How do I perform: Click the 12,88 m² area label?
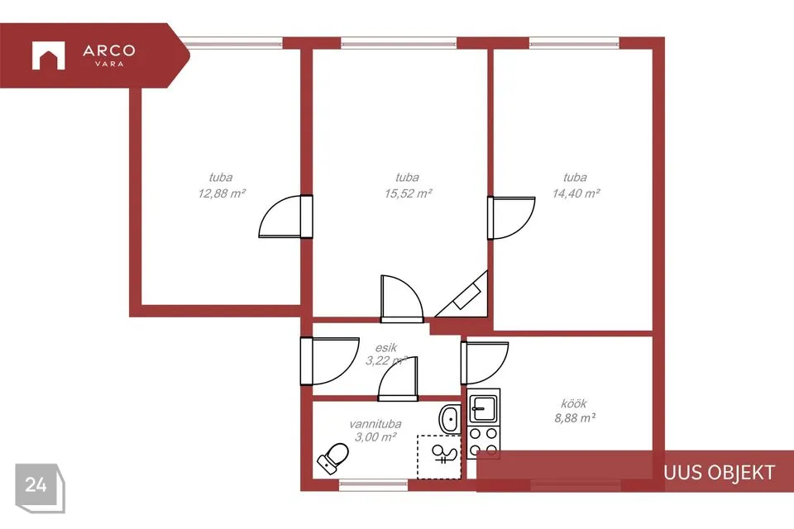tap(222, 193)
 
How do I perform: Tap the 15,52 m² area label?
tap(408, 193)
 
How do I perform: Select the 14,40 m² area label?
tap(576, 193)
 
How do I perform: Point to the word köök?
tap(574, 403)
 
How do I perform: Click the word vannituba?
tap(375, 424)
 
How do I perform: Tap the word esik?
tap(386, 348)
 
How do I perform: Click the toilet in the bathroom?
tap(333, 457)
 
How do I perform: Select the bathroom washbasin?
tap(450, 419)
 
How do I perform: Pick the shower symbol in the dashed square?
tap(444, 454)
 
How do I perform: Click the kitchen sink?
tap(484, 406)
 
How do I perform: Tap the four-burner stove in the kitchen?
tap(484, 441)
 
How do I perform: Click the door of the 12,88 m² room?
tap(285, 217)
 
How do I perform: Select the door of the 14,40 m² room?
tap(511, 217)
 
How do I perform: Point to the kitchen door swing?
tap(485, 363)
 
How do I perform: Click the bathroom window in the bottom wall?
tap(373, 485)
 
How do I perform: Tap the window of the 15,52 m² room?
tap(399, 42)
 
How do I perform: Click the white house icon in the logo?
tap(48, 55)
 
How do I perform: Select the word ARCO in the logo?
tap(109, 50)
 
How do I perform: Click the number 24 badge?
tap(40, 487)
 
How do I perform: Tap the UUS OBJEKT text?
tap(719, 472)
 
